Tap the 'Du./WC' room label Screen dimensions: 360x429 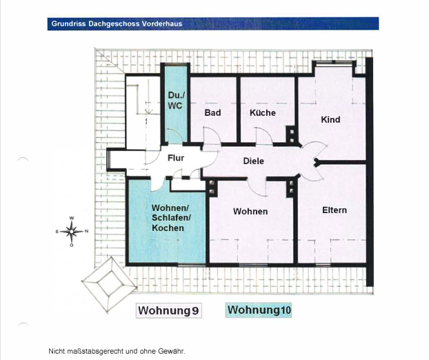[x=174, y=100]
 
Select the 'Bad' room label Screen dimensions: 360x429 [x=212, y=112]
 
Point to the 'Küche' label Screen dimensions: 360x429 [x=263, y=112]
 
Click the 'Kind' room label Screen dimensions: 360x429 [x=330, y=119]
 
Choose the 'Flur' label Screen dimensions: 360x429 [x=176, y=158]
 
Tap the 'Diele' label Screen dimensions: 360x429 [x=254, y=161]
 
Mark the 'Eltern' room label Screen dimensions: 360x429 [x=335, y=210]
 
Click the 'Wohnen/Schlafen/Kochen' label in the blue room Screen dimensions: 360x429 [x=168, y=218]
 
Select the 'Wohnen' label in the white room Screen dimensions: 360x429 [x=250, y=211]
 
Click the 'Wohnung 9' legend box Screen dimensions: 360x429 [x=169, y=310]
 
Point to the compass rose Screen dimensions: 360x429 [x=72, y=232]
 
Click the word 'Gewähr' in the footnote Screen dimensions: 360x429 [x=172, y=351]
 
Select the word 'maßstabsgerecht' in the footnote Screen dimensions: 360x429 [x=92, y=351]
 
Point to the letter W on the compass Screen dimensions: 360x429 [x=72, y=219]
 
